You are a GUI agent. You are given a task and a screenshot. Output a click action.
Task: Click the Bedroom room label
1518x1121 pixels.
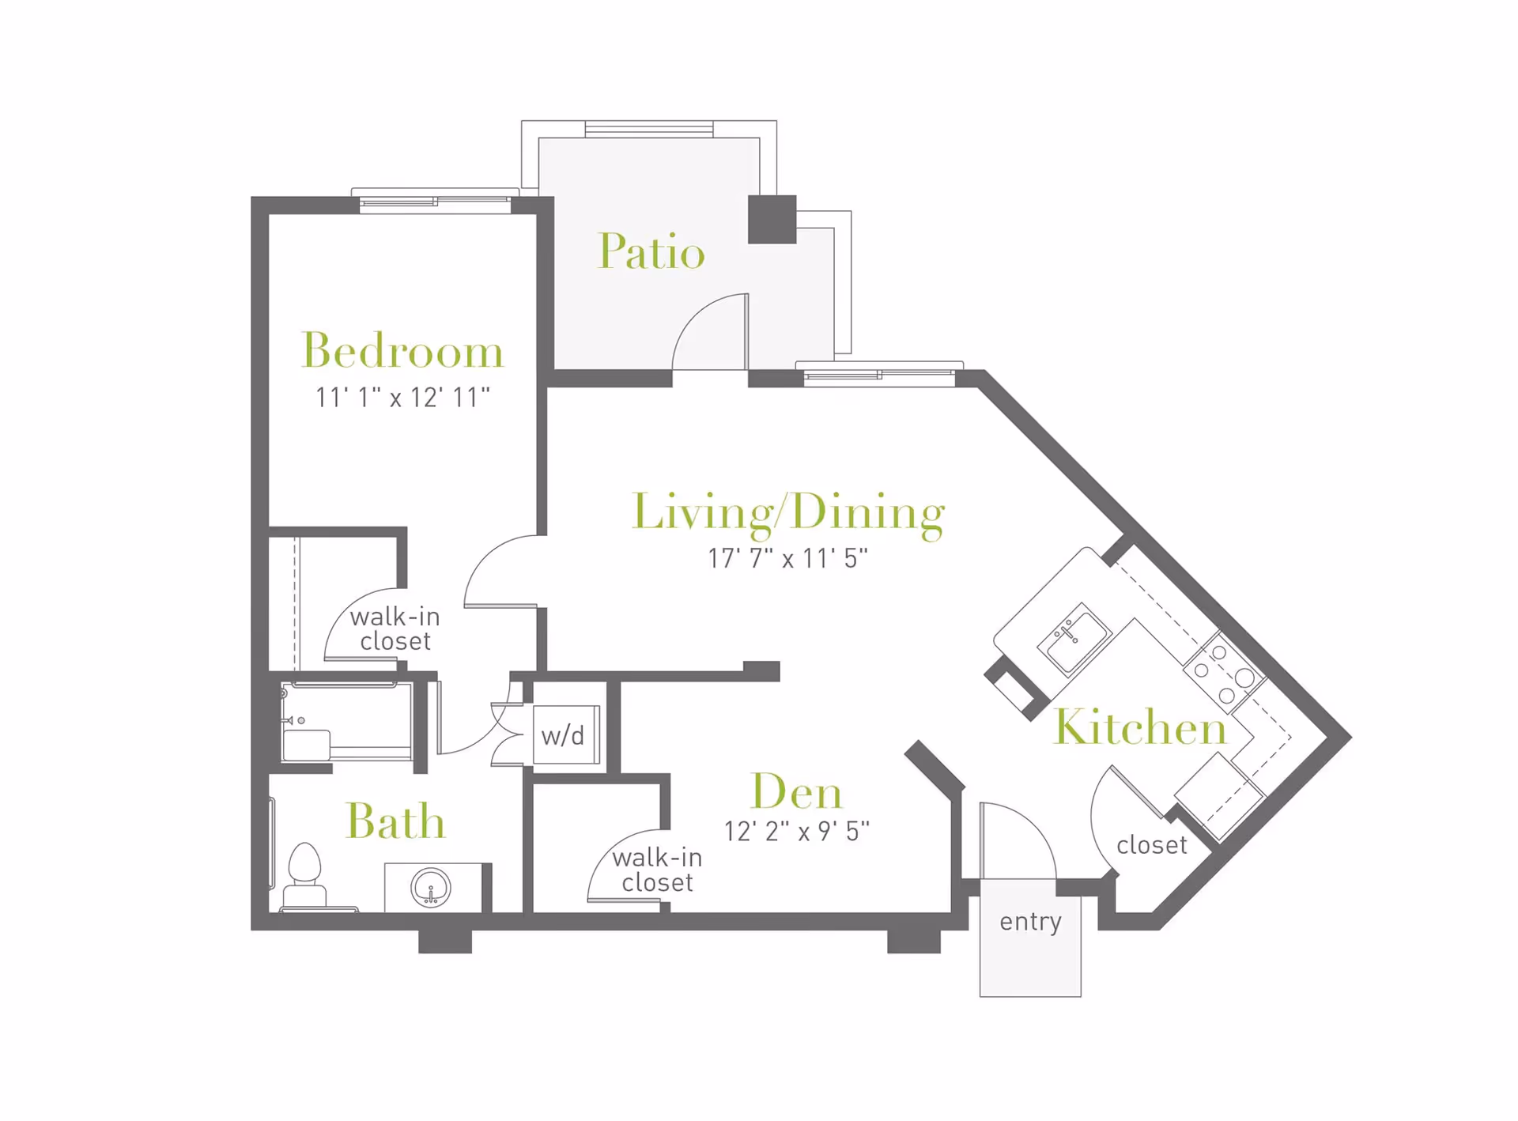click(x=402, y=350)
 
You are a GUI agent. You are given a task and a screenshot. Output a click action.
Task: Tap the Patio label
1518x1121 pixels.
click(x=651, y=251)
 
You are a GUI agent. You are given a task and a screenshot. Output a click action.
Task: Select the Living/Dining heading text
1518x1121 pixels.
click(x=788, y=513)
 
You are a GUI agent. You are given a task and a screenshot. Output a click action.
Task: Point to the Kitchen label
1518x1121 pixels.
click(x=1140, y=727)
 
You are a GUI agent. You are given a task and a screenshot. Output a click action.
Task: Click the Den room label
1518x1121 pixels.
click(x=796, y=791)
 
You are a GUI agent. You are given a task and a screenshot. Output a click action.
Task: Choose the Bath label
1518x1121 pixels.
click(x=395, y=821)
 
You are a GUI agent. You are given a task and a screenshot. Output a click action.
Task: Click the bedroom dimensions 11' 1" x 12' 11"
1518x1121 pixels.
click(x=402, y=397)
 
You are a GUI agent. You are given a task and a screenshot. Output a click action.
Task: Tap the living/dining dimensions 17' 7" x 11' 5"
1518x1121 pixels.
click(x=787, y=558)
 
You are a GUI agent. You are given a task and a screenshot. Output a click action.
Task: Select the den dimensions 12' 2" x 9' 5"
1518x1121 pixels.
click(x=797, y=831)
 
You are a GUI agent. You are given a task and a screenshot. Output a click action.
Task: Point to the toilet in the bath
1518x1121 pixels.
click(x=304, y=876)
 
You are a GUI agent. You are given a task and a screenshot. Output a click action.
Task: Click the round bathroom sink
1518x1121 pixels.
click(x=431, y=888)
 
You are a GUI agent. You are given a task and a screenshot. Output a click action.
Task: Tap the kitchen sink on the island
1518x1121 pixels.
click(x=1074, y=638)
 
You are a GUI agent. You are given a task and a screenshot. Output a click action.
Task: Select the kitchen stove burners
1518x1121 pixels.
click(x=1224, y=674)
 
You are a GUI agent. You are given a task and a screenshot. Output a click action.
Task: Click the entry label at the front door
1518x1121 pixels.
click(x=1030, y=922)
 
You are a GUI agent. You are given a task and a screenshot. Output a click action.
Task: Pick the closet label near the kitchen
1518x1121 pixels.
click(x=1152, y=845)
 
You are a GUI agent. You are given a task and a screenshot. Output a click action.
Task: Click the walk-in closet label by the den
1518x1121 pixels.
click(x=657, y=870)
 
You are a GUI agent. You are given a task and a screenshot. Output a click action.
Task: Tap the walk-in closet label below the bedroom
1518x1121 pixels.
click(x=395, y=628)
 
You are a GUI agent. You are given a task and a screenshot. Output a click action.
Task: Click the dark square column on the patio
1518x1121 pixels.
click(x=772, y=219)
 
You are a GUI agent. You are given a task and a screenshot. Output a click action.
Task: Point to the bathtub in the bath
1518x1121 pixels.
click(x=347, y=722)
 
